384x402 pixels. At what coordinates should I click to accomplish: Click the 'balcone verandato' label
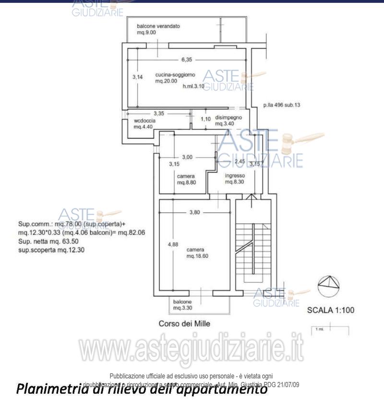pyautogui.click(x=158, y=26)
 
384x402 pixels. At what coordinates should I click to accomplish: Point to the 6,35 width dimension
pyautogui.click(x=187, y=60)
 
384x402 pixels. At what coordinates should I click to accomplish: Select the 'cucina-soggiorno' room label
pyautogui.click(x=172, y=75)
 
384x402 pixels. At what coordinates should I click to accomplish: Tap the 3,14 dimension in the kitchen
pyautogui.click(x=138, y=77)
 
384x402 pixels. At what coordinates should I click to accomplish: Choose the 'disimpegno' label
pyautogui.click(x=228, y=117)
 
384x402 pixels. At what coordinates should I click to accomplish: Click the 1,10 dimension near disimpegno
pyautogui.click(x=205, y=119)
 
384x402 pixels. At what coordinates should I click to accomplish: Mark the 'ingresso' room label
pyautogui.click(x=235, y=176)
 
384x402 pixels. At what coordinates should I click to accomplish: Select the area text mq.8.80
pyautogui.click(x=186, y=183)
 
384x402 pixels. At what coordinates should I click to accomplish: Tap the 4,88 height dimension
pyautogui.click(x=172, y=244)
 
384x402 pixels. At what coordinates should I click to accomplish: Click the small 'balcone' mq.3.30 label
pyautogui.click(x=183, y=305)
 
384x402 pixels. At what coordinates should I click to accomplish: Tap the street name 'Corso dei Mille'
pyautogui.click(x=184, y=324)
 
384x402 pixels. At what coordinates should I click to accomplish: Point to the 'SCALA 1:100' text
pyautogui.click(x=330, y=310)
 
